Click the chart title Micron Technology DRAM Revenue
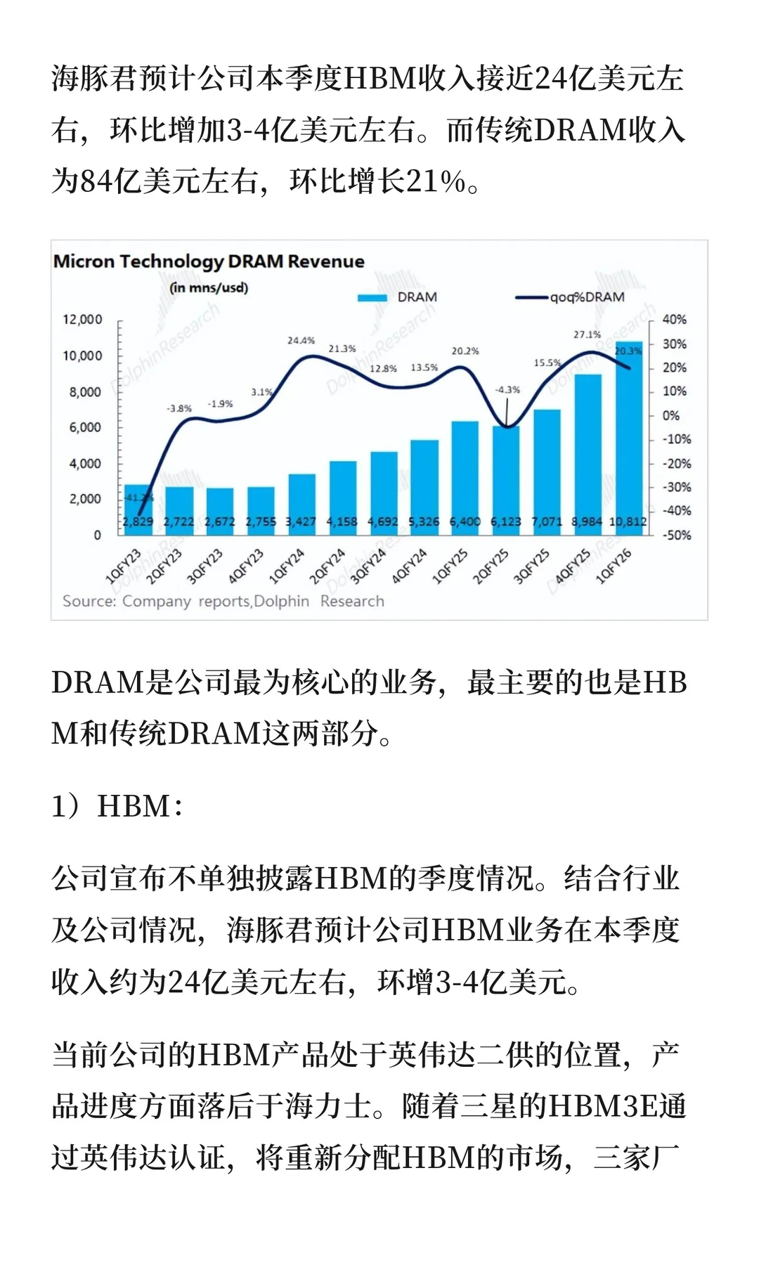tap(209, 261)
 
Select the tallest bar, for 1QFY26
tap(628, 436)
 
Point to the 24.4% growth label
tap(301, 340)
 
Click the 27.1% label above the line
tap(587, 335)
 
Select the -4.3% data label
tap(507, 389)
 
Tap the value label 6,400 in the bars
tap(465, 521)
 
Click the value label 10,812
tap(628, 521)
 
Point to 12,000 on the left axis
tap(82, 319)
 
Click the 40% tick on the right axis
tap(674, 319)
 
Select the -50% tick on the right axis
tap(676, 535)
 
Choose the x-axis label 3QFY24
tap(368, 566)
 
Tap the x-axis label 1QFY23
tap(123, 566)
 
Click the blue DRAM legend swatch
tap(372, 297)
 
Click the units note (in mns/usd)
tap(209, 287)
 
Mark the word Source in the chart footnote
tap(89, 601)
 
